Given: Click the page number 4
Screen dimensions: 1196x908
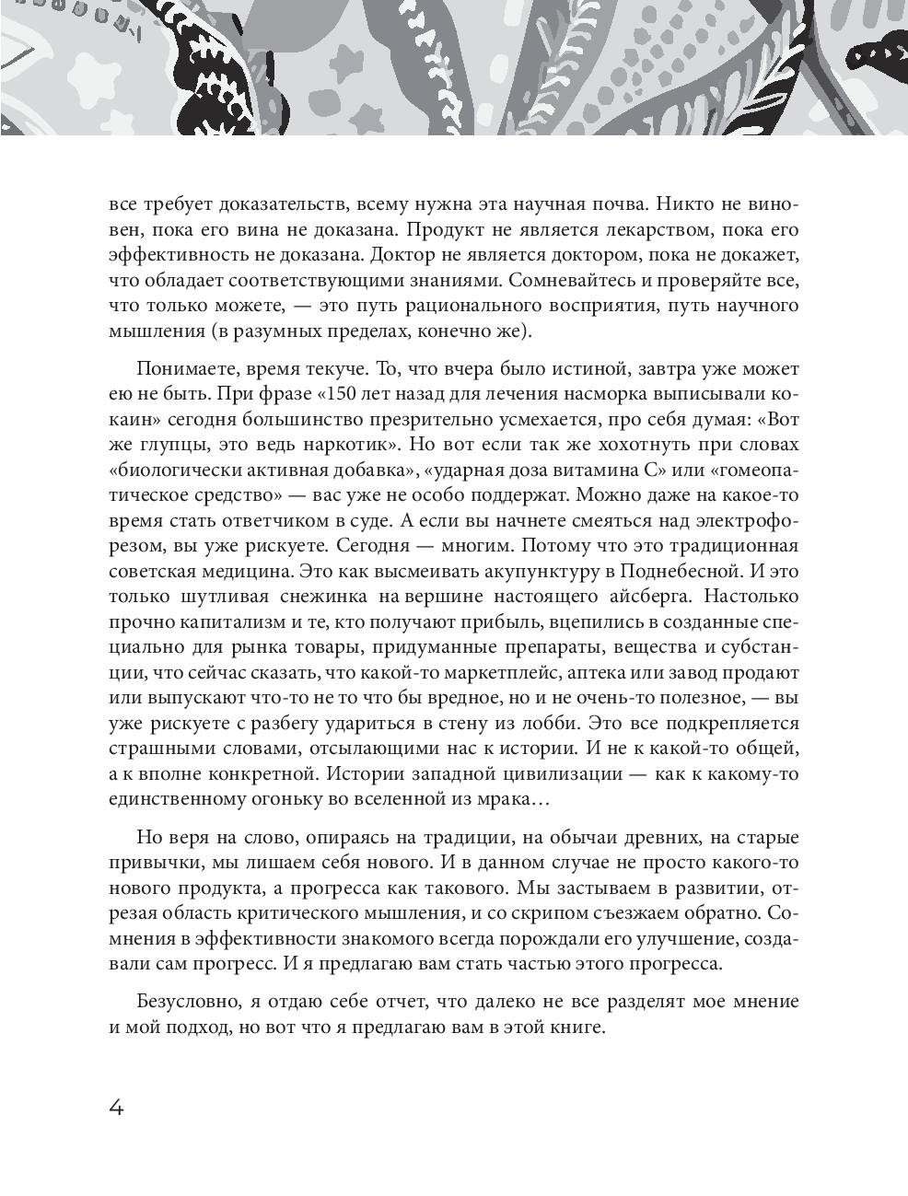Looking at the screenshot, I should click(x=116, y=1107).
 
